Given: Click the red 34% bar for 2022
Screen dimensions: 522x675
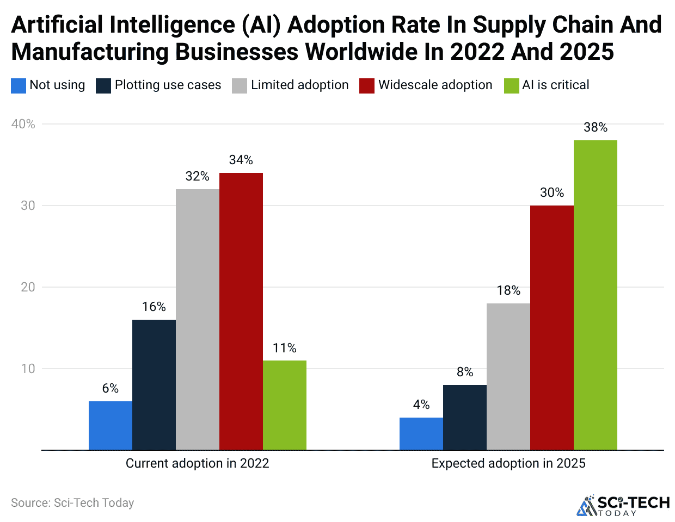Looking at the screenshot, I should pos(241,311).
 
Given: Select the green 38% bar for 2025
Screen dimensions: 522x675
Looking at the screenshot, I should pos(596,295).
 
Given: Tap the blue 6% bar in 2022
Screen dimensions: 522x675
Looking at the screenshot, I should pos(111,425).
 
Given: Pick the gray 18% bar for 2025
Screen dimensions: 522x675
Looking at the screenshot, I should pos(508,376).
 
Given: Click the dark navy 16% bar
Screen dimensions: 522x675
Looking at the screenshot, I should pos(154,384).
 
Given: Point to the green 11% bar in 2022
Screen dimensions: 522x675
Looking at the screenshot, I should pos(285,405).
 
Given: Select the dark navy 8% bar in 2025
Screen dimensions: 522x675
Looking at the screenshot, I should pos(465,417).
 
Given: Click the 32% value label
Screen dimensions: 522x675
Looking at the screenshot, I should pos(197,176).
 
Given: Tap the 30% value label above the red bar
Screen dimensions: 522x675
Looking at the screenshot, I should pos(552,192).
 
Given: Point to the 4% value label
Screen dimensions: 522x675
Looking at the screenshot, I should pos(421,405).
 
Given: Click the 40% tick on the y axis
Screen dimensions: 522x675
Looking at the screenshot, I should pos(23,124).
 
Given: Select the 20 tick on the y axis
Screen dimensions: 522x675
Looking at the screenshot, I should pos(28,287).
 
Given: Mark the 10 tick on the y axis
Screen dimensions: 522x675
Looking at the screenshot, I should pos(28,369).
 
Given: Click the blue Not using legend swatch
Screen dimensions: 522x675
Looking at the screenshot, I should pos(19,86).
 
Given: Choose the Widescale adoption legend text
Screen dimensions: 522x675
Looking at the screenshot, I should pos(435,85).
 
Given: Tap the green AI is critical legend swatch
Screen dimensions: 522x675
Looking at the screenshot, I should pos(512,86).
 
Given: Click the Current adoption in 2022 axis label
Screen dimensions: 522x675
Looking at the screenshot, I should pos(197,463).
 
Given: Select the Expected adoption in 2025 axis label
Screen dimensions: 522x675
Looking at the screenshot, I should pos(508,463).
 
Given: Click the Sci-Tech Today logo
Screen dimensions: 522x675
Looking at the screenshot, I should pos(623,505).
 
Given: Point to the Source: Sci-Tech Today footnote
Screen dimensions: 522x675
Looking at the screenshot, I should pos(72,503).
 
